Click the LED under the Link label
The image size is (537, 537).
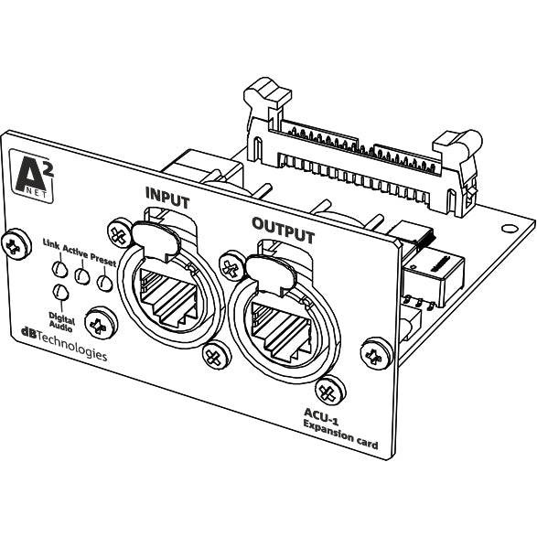point(59,268)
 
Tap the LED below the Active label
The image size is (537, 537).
point(82,275)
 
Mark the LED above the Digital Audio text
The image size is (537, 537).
point(61,292)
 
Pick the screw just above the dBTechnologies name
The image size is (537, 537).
point(97,322)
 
